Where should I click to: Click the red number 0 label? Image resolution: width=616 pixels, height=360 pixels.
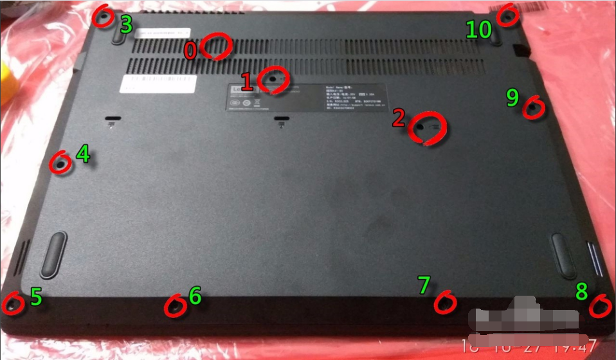190,51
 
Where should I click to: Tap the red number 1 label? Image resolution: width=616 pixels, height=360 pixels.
246,82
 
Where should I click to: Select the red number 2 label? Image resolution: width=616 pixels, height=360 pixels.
399,118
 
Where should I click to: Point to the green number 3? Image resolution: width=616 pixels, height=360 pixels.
126,25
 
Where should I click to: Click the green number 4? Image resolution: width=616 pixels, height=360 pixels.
83,154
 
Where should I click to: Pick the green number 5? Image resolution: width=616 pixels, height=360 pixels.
36,296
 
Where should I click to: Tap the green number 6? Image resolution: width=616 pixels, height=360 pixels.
195,296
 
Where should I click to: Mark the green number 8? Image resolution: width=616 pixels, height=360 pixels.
581,291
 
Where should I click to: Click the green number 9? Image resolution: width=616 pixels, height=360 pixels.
512,98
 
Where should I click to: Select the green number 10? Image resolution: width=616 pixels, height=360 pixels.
479,29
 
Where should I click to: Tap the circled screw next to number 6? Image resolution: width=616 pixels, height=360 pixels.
174,307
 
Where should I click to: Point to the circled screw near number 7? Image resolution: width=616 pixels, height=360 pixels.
444,301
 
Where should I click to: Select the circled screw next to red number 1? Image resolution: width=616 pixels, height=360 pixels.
273,79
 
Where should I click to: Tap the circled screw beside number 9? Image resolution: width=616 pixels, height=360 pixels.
533,108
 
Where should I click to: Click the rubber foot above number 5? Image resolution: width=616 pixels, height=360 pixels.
54,251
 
